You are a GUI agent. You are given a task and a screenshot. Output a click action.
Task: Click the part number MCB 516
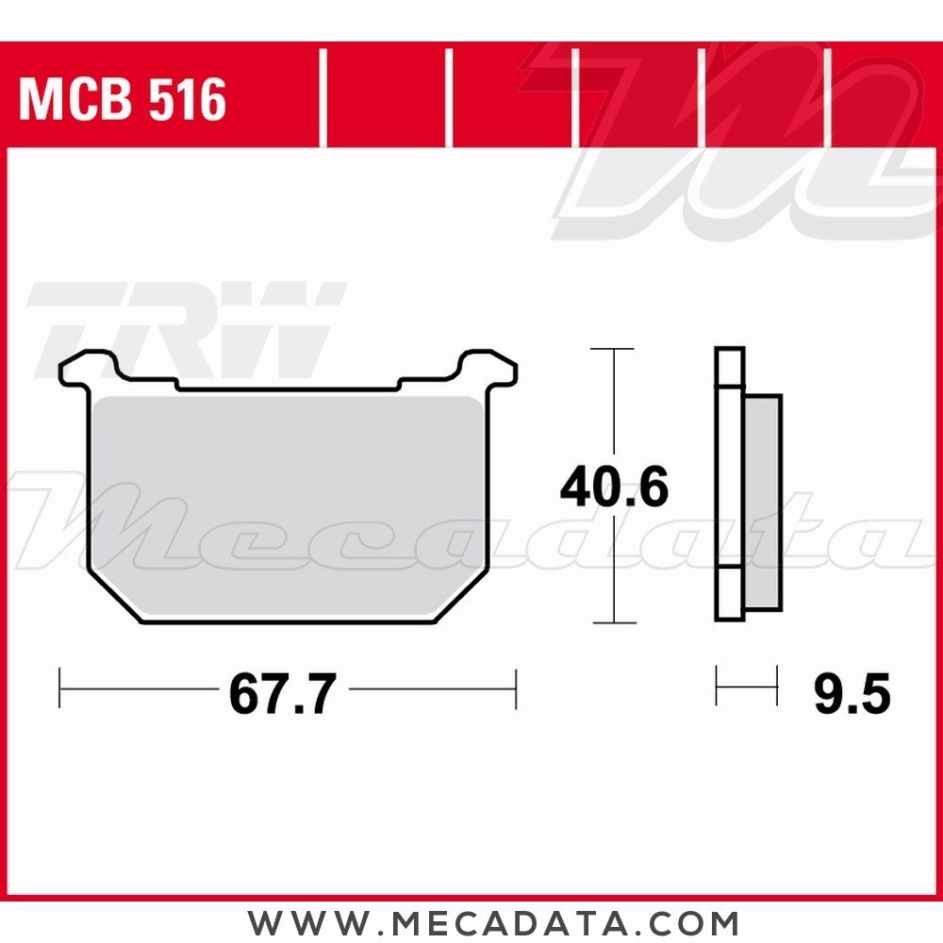point(123,99)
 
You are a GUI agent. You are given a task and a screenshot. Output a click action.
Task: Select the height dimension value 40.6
point(614,488)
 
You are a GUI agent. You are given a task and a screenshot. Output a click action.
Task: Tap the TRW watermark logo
point(189,325)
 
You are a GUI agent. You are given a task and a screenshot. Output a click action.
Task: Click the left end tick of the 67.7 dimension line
point(60,688)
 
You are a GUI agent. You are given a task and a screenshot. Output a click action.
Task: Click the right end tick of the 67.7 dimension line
point(516,688)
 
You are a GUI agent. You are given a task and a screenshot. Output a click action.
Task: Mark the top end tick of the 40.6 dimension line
point(614,349)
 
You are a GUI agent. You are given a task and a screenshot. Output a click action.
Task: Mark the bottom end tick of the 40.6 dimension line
point(614,622)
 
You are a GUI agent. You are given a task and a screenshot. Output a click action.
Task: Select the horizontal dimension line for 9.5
point(746,686)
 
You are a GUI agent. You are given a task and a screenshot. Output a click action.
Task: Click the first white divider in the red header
point(323,99)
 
